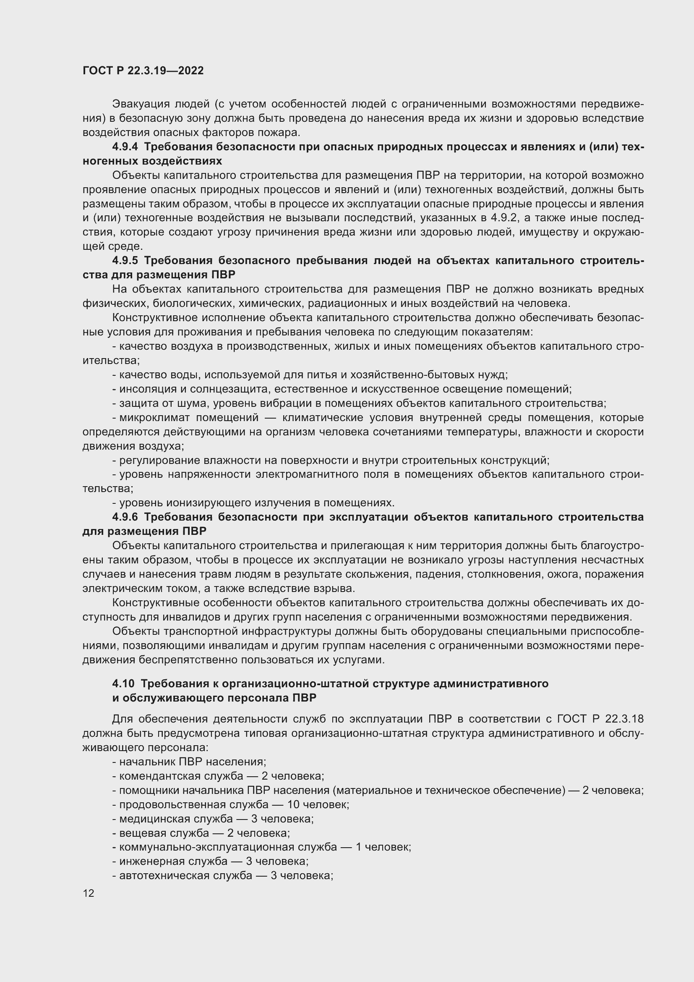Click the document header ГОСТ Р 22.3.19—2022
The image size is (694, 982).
click(x=143, y=71)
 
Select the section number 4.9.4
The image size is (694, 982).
click(x=125, y=147)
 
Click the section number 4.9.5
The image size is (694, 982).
click(x=125, y=260)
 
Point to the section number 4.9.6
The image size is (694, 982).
click(x=125, y=517)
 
